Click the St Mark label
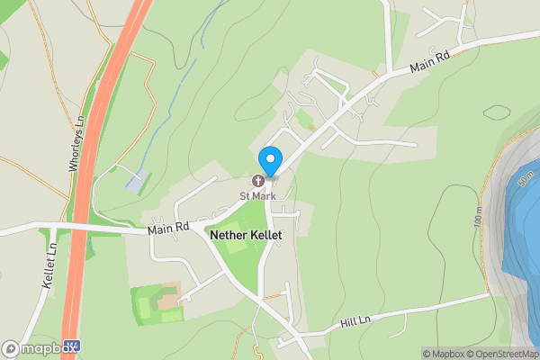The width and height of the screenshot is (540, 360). click(257, 195)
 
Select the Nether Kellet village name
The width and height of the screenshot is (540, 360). click(246, 234)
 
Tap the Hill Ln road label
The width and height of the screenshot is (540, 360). click(355, 321)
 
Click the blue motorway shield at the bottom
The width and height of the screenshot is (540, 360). click(75, 346)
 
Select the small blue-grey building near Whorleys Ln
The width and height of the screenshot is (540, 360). click(134, 181)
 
